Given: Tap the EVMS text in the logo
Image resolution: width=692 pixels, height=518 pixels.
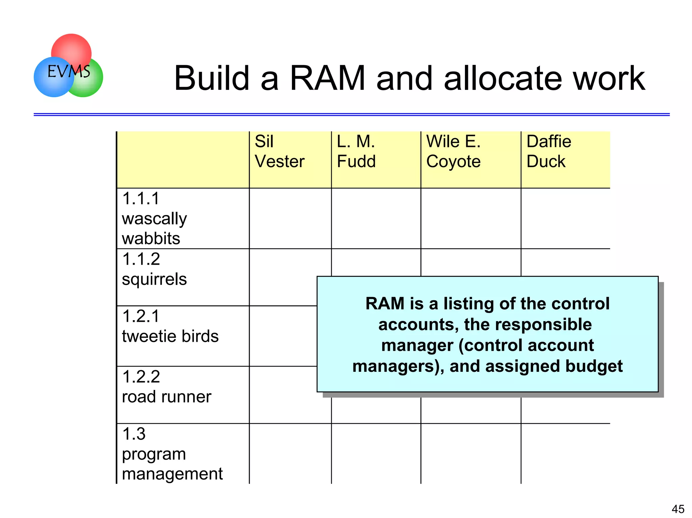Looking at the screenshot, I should pos(69,72).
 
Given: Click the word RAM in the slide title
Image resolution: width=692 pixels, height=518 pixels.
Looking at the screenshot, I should pos(327,79).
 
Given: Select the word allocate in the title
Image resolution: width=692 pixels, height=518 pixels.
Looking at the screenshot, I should pos(503,79).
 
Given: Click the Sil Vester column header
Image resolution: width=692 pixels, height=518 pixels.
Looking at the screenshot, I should pos(279,152).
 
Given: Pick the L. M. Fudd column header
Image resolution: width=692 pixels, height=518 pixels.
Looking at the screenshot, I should pos(356,152).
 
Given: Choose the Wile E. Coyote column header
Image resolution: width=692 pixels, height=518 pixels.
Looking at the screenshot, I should pos(453,152).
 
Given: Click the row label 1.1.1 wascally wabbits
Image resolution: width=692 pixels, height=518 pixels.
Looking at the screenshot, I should pos(154,218).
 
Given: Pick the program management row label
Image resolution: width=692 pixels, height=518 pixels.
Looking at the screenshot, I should pos(172,454).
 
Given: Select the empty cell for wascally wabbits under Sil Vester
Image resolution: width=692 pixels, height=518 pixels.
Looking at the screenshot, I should pos(290,218).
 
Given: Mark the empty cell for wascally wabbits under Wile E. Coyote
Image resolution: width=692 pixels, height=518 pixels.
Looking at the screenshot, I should pos(471,218).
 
